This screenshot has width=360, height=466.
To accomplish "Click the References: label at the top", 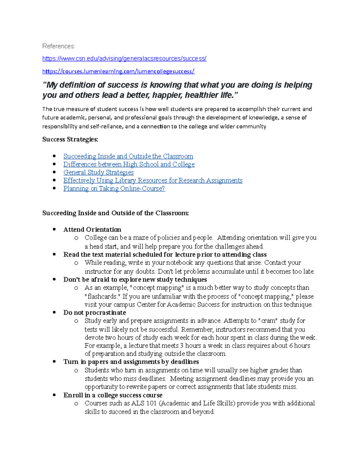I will (58, 46).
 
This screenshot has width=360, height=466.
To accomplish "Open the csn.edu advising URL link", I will (124, 59).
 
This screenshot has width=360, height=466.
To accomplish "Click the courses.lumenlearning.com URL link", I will (118, 71).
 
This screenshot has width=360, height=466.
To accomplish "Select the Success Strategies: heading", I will (70, 139).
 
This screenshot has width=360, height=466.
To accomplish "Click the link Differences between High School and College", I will (129, 164).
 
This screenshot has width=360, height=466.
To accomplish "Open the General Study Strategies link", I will (98, 173).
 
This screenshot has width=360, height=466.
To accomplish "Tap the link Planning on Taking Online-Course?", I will (114, 189).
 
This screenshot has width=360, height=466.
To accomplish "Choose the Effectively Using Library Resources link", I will (153, 181).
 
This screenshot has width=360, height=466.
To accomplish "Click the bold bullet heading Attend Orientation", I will (92, 230).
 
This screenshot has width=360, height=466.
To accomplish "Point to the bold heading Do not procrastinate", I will (94, 313).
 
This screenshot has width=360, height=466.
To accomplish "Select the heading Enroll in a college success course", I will (113, 395).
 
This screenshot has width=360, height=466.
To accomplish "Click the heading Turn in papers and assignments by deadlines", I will (131, 362).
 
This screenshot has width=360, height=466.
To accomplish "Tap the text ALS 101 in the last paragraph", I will (144, 403).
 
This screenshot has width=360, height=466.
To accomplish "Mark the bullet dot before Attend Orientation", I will (54, 230).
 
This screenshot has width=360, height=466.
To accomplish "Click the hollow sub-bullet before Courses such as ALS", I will (76, 404).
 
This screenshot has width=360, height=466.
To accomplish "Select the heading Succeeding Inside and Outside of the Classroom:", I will (115, 213).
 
